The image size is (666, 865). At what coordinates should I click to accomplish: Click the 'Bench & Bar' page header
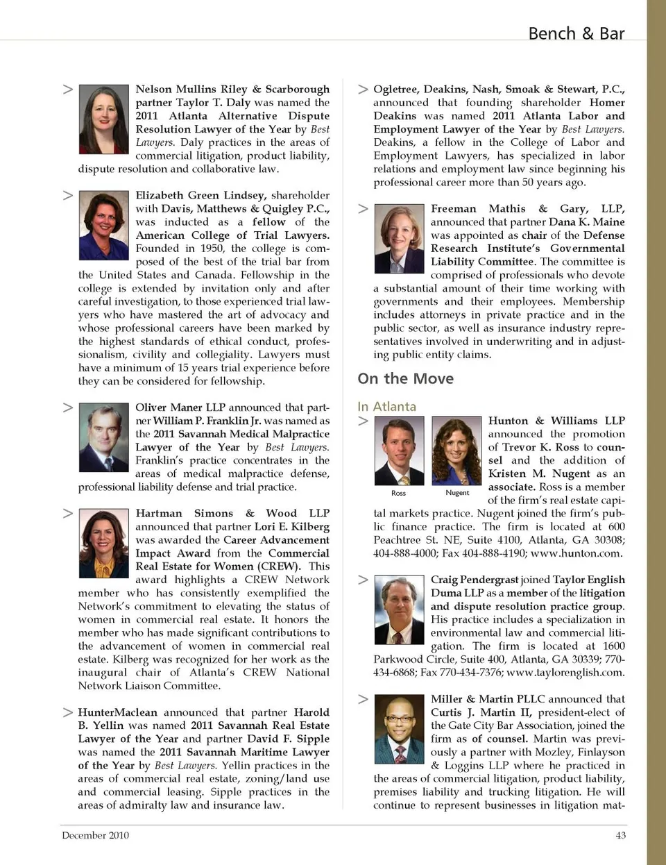click(576, 33)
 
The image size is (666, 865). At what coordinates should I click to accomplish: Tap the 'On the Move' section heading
click(405, 378)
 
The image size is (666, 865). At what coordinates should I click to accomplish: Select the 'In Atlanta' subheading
click(386, 406)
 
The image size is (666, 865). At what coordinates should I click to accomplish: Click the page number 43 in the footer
click(620, 835)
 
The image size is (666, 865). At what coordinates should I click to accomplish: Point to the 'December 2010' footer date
click(95, 835)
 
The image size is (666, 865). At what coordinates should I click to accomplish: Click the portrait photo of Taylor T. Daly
click(104, 114)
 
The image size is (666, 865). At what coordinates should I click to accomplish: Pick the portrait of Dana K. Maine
click(399, 239)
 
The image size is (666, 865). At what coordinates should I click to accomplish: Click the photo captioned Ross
click(399, 451)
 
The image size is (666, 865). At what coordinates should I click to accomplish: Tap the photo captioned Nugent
click(456, 451)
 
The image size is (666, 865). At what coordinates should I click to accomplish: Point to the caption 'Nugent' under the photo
click(457, 493)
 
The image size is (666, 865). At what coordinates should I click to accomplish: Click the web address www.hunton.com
click(576, 553)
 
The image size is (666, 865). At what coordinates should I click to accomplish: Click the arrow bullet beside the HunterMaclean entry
click(68, 712)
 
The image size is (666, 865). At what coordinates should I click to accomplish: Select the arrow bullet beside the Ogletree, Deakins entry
click(363, 90)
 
